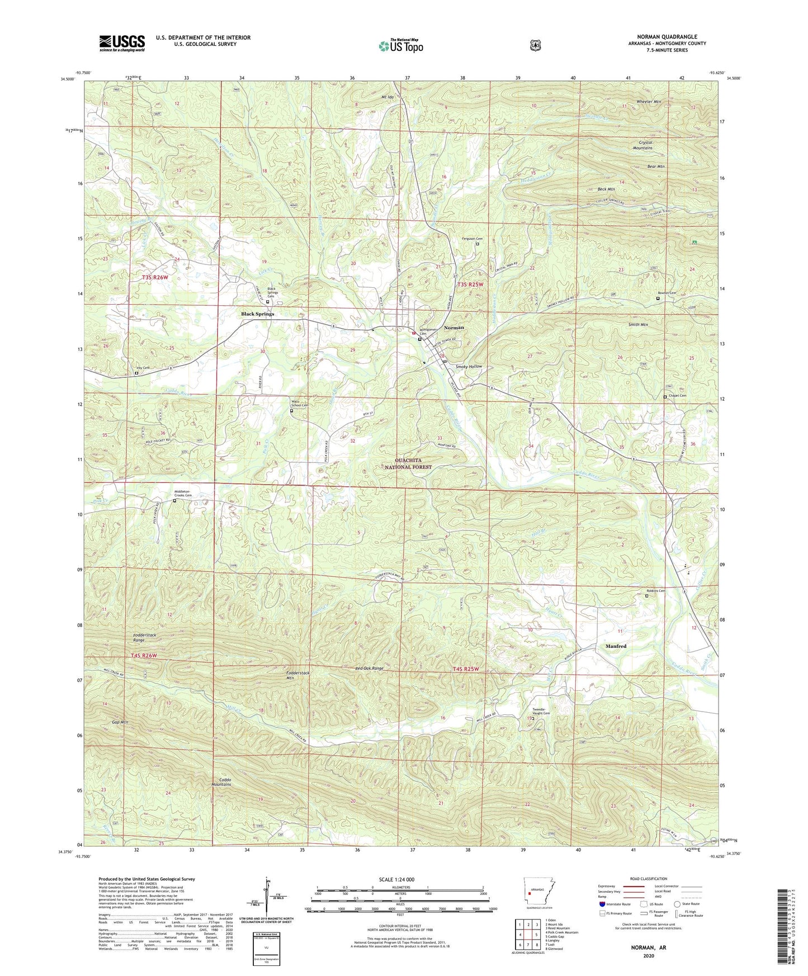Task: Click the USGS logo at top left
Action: [122, 43]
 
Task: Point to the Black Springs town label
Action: [257, 314]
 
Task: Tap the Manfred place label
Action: [616, 646]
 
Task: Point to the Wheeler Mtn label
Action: [634, 102]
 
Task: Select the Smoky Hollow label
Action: [469, 367]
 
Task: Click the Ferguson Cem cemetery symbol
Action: [477, 244]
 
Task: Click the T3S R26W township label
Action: [154, 277]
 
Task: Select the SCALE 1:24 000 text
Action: [396, 879]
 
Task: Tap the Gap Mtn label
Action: [119, 723]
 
